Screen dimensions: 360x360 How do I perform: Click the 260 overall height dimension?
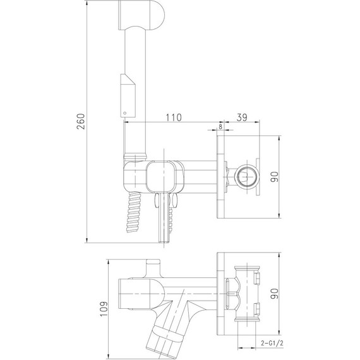pos(80,123)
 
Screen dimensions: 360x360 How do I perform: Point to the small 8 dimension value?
pos(220,127)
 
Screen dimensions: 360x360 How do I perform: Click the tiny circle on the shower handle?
pos(124,114)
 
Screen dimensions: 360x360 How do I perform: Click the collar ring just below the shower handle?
pos(136,155)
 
